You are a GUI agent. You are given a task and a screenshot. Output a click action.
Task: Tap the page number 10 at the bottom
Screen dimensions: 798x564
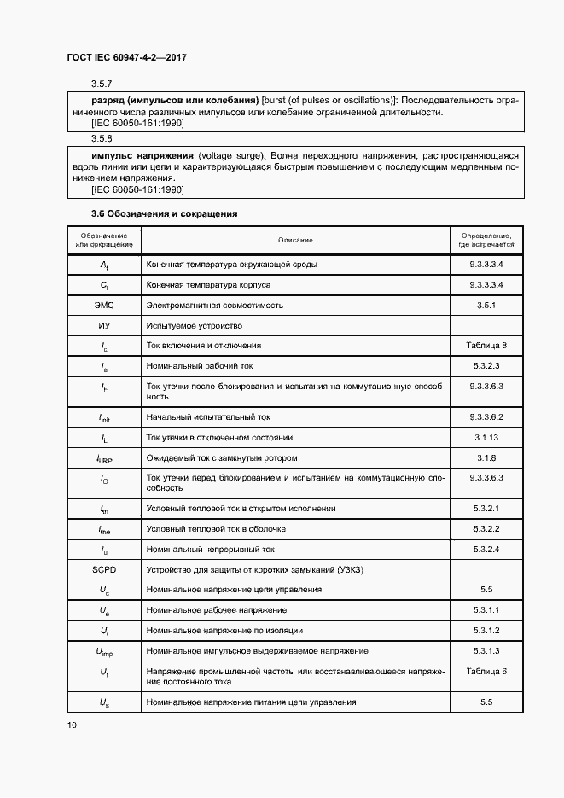72,725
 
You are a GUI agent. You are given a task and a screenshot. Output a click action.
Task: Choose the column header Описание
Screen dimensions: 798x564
295,241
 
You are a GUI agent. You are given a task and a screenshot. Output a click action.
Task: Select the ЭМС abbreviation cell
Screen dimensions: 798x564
104,305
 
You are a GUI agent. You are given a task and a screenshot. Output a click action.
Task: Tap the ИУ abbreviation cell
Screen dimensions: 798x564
104,325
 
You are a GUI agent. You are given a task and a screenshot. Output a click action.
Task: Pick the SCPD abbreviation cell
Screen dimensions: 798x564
104,569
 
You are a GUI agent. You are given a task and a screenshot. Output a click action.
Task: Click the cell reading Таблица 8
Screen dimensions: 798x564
486,346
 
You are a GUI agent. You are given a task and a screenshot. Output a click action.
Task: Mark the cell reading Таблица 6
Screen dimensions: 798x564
486,672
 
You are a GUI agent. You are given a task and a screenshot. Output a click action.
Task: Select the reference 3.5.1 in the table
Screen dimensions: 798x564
486,305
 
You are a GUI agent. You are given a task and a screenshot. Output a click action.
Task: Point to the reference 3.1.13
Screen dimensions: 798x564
486,437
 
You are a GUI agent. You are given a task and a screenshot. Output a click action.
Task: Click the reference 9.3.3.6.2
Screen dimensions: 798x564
486,416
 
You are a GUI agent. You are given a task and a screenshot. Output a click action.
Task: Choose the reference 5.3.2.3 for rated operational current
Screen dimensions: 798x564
486,366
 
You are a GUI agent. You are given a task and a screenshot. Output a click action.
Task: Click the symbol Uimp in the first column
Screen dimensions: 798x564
104,651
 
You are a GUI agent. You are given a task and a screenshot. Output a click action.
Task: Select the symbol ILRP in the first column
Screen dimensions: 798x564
104,458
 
